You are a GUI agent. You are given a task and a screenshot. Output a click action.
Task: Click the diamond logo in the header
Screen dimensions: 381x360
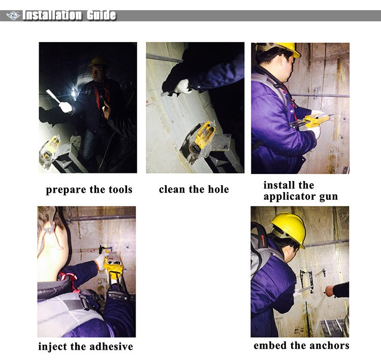(x=13, y=16)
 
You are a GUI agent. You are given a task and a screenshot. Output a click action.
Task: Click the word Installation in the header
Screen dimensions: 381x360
(x=52, y=15)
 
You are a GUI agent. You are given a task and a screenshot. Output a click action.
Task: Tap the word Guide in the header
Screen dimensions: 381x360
(x=101, y=15)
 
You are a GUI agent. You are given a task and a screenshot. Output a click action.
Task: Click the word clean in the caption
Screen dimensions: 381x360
(x=172, y=189)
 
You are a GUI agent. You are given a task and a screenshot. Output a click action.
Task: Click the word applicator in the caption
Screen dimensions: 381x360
(x=290, y=197)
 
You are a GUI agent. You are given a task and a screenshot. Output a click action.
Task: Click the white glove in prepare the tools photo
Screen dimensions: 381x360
(x=66, y=107)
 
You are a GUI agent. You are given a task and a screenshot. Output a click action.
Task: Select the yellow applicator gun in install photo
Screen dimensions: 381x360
(x=311, y=122)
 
